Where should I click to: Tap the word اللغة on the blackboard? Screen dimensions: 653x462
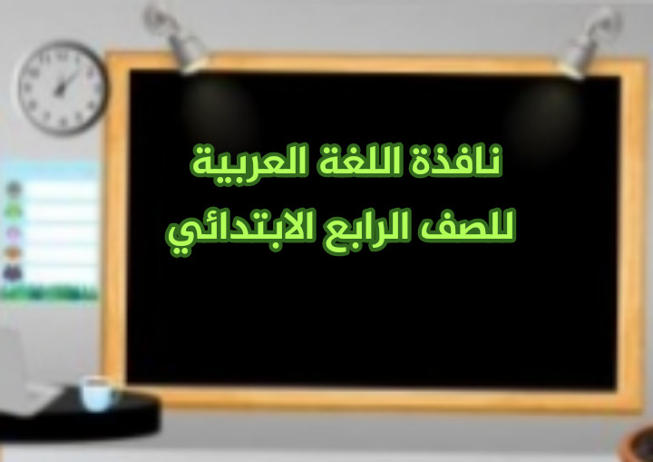coord(359,160)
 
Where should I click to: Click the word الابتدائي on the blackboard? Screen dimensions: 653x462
coord(240,231)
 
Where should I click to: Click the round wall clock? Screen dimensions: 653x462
coord(63,88)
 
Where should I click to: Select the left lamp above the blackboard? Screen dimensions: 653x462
coord(176,38)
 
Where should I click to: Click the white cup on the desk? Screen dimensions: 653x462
coord(97,394)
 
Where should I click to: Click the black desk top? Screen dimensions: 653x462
coord(79,416)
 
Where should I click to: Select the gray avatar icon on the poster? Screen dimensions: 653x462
coord(14,189)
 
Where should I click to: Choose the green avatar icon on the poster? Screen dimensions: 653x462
coord(13,210)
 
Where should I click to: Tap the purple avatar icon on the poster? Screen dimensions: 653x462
coord(14,233)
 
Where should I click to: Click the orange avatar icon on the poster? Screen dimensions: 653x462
coord(13,253)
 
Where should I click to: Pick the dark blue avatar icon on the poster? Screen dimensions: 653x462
coord(13,273)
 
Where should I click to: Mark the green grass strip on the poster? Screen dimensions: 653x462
coord(49,293)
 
